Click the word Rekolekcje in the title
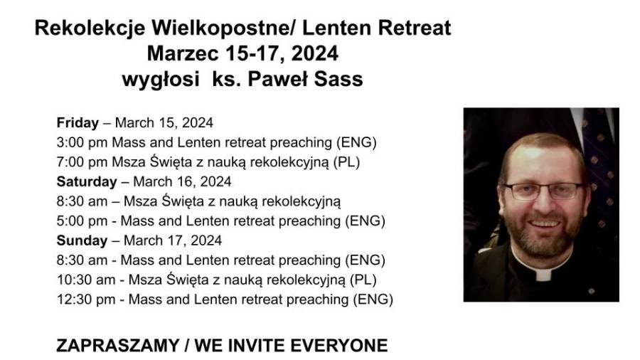[90, 28]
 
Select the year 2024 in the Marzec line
[315, 53]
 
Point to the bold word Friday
[78, 122]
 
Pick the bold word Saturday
[87, 181]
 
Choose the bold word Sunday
[82, 240]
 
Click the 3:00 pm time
[82, 142]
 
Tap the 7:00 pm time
[82, 162]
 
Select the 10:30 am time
[86, 280]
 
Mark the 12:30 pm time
[86, 300]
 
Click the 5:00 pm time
[82, 221]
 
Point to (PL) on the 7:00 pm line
[346, 162]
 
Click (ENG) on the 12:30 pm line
[373, 300]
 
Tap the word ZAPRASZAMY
[117, 346]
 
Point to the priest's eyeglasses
[543, 191]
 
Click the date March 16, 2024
[182, 181]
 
